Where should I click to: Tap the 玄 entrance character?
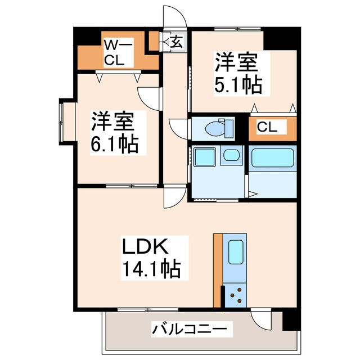coord(176,41)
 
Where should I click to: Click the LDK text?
coord(143,247)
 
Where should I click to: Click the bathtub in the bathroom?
coord(272,158)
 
